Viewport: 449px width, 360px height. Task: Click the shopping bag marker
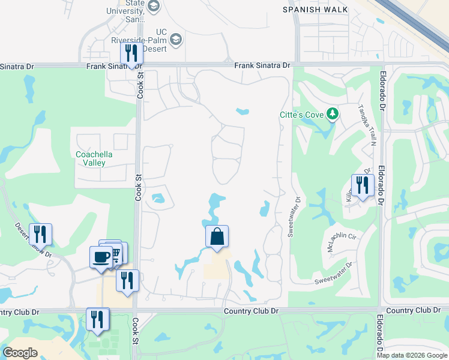(x=217, y=236)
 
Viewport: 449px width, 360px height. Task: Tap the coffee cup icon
(x=100, y=257)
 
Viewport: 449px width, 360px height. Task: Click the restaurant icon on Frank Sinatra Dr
(x=131, y=53)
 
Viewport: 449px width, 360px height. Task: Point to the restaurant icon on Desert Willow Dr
(x=40, y=233)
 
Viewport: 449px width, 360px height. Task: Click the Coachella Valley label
(x=94, y=158)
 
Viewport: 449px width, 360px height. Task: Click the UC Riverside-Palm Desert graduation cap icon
(x=176, y=40)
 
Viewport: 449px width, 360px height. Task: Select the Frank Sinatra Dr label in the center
(x=262, y=65)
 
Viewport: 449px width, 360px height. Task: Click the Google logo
(x=20, y=353)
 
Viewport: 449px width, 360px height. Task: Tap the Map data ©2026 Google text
(x=412, y=355)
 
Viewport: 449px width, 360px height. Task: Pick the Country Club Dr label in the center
(x=252, y=311)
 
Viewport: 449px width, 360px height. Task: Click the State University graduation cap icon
(x=154, y=7)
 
